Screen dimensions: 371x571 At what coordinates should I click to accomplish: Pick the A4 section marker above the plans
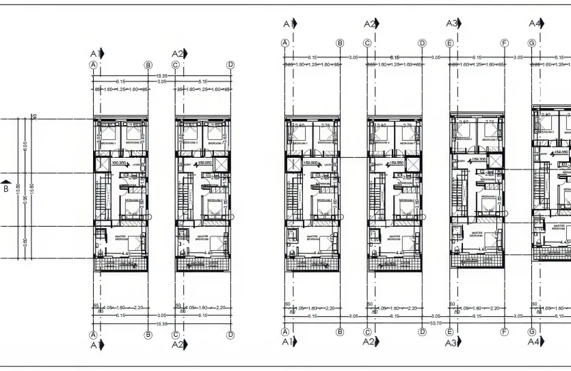pos(535,23)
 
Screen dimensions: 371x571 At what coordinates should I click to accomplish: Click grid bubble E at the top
pos(449,43)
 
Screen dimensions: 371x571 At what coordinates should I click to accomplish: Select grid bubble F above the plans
pos(505,43)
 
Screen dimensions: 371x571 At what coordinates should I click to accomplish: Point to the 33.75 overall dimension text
pos(435,322)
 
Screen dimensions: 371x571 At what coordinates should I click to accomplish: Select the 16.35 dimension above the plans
pos(161,75)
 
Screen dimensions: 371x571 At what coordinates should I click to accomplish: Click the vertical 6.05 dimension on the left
pos(25,145)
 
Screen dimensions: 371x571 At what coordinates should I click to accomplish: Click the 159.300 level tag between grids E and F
pos(477,159)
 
